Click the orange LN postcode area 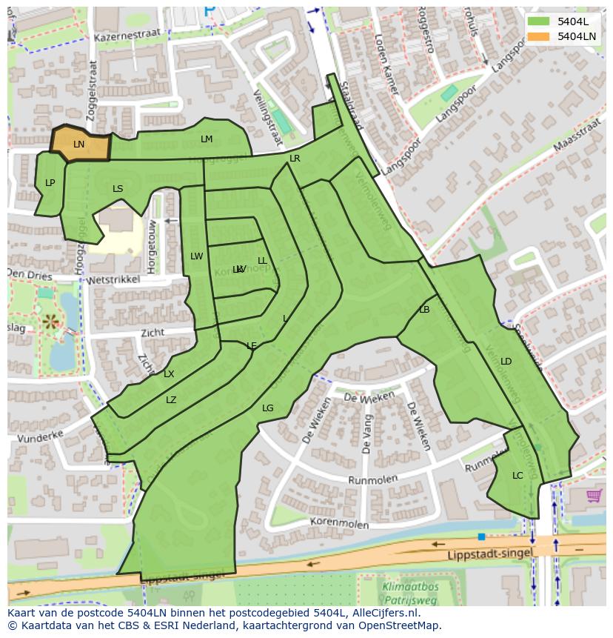pos(80,144)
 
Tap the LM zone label pos(207,139)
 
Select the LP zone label pos(50,183)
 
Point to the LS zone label pos(118,189)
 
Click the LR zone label pos(295,159)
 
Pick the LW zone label pos(196,256)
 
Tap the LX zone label pos(169,374)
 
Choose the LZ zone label pos(171,400)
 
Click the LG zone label pos(267,408)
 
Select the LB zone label pos(424,310)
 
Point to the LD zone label pos(506,362)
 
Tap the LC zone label pos(517,476)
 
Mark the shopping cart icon pos(594,495)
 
